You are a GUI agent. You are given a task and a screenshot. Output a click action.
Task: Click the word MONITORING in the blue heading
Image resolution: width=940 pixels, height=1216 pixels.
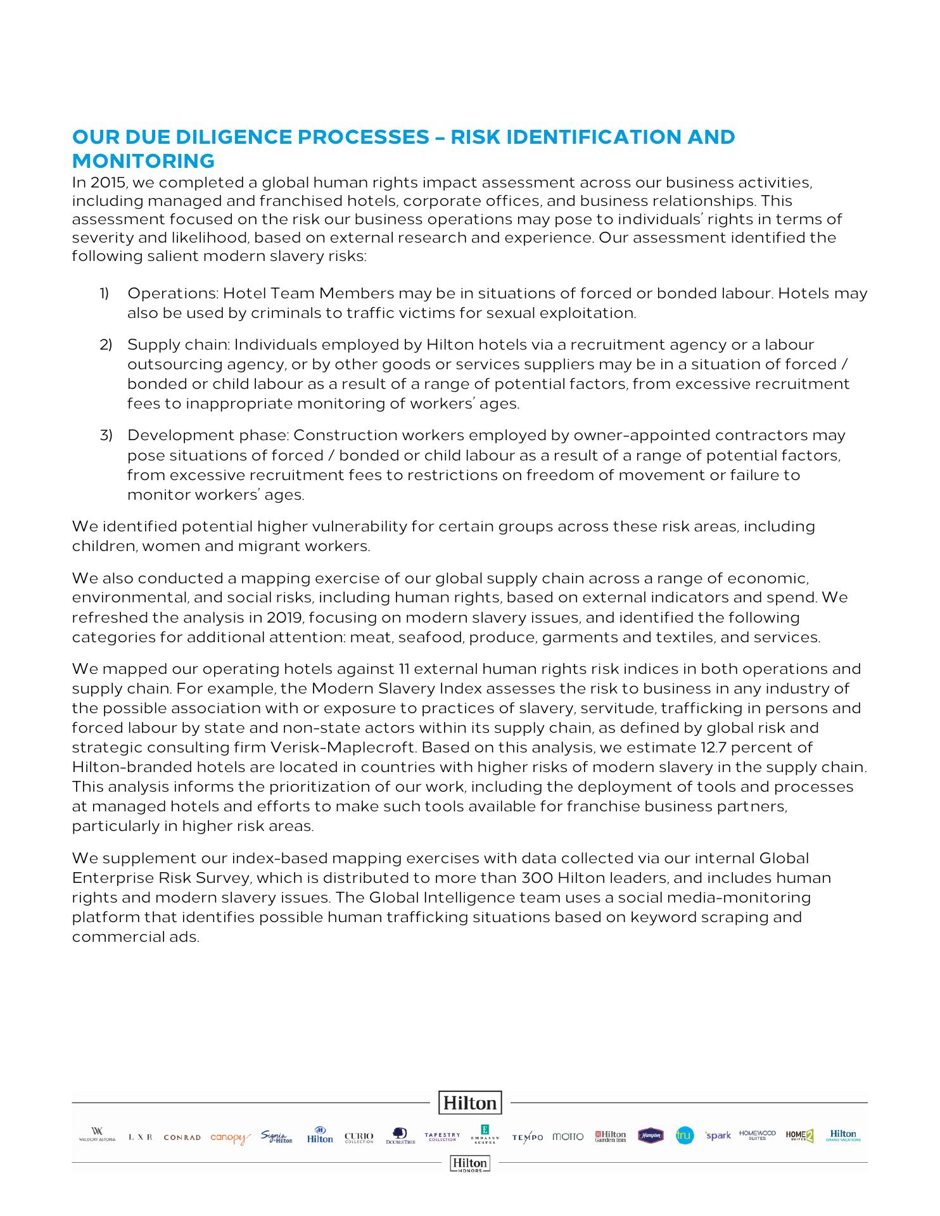pyautogui.click(x=143, y=161)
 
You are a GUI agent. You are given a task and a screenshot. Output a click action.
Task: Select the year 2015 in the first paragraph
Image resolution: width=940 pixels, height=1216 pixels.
pyautogui.click(x=104, y=183)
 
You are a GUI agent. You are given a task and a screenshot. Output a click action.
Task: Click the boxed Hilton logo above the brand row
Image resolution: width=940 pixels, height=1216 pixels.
pyautogui.click(x=470, y=1103)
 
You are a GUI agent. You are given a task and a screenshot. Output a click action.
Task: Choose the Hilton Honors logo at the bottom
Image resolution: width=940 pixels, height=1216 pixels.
pyautogui.click(x=469, y=1163)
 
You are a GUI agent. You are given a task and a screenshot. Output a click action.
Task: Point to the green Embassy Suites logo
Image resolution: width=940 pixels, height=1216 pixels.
pyautogui.click(x=485, y=1134)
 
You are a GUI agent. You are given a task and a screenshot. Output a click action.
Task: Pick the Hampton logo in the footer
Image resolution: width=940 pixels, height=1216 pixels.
pyautogui.click(x=651, y=1136)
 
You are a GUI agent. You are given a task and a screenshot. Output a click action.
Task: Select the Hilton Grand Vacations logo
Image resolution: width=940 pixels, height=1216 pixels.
pyautogui.click(x=843, y=1136)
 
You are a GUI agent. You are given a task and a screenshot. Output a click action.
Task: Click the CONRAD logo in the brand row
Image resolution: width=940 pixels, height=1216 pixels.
pyautogui.click(x=182, y=1137)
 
